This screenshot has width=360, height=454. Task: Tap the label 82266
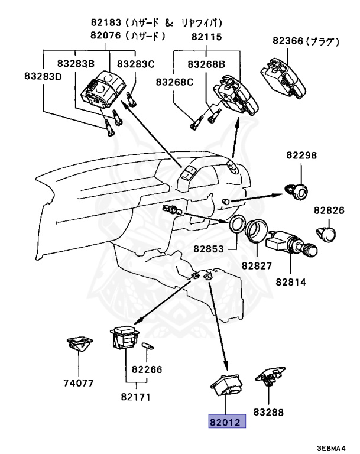(x=147, y=369)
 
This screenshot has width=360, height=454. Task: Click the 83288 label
(x=269, y=411)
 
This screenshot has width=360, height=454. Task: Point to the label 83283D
(x=43, y=76)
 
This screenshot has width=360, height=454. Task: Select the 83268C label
(x=175, y=81)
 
